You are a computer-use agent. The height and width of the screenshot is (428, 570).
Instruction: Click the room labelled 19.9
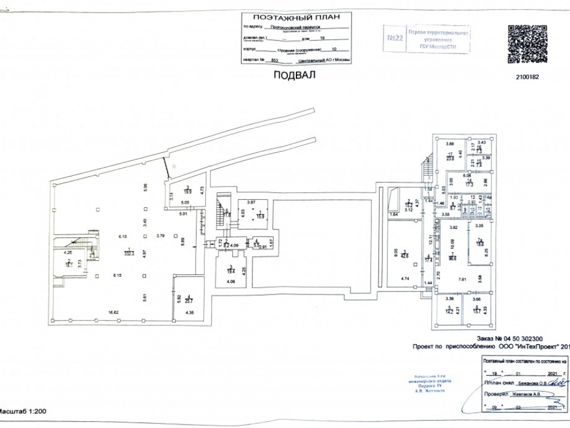186,192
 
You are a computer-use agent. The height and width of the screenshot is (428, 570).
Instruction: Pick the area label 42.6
404,256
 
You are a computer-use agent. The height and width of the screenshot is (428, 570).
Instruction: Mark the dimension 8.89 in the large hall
182,240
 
